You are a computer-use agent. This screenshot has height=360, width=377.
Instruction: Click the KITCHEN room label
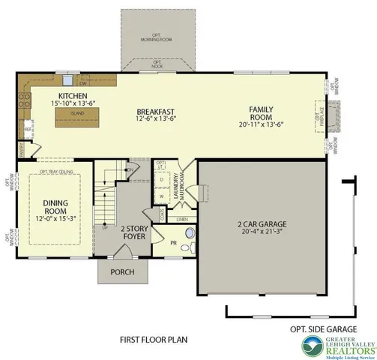pyautogui.click(x=73, y=97)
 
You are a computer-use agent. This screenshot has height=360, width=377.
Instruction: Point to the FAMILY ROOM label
pyautogui.click(x=262, y=113)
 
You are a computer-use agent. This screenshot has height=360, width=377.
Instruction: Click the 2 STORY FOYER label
pyautogui.click(x=133, y=234)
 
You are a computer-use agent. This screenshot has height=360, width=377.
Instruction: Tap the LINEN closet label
pyautogui.click(x=181, y=218)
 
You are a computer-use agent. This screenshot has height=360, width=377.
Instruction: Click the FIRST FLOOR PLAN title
pyautogui.click(x=153, y=339)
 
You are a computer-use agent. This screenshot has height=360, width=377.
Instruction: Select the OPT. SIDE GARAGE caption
pyautogui.click(x=323, y=328)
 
